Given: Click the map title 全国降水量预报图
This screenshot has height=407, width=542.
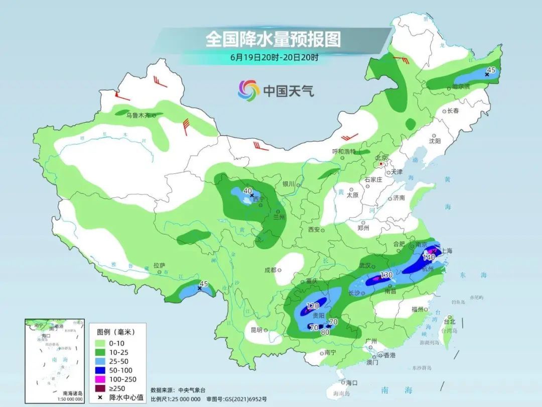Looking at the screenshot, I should tap(273, 39).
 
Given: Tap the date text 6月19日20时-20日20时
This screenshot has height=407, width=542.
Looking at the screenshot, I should tap(274, 57).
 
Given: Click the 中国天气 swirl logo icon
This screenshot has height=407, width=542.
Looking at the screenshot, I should tap(248, 90).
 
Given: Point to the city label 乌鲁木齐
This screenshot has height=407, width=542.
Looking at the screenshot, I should tap(138, 116).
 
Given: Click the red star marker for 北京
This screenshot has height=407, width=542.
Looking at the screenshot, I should tap(381, 164).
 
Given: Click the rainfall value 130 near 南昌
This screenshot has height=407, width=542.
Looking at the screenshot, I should tap(386, 275).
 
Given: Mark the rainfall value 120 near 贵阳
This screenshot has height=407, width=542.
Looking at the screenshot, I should tap(313, 306).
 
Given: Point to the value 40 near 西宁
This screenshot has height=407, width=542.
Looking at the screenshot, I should tap(247, 191).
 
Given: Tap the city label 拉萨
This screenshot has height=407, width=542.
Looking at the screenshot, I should tap(159, 265).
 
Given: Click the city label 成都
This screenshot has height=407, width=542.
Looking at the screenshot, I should tap(270, 270).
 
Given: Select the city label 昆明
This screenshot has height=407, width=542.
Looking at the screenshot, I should tap(256, 330).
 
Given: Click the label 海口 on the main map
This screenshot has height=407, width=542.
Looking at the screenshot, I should tap(351, 383).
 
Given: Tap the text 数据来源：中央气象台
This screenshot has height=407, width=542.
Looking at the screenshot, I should tap(178, 390).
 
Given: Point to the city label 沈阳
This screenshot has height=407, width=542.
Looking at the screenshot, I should tap(435, 142).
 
